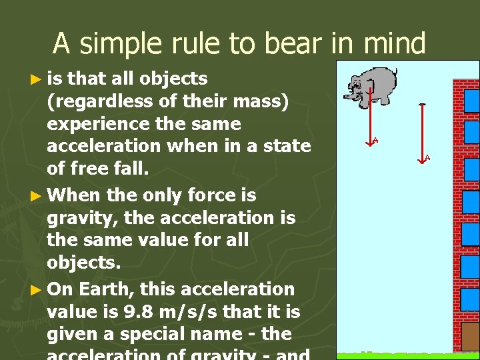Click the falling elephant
tap(370, 86)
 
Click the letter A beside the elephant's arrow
tap(376, 140)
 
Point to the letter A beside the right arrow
tap(427, 157)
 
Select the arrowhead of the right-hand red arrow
tap(421, 159)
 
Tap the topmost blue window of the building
tap(471, 100)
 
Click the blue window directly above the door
tap(471, 299)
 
